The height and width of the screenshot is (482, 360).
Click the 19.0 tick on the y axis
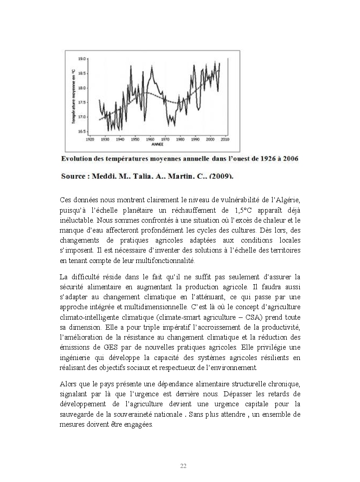[82, 59]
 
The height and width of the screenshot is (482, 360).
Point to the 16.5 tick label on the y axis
[82, 131]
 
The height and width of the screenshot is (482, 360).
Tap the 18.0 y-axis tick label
[82, 88]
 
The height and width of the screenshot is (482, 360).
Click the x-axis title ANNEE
[157, 145]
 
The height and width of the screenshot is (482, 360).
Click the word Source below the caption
[73, 176]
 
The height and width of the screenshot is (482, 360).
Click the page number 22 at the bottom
[183, 466]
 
